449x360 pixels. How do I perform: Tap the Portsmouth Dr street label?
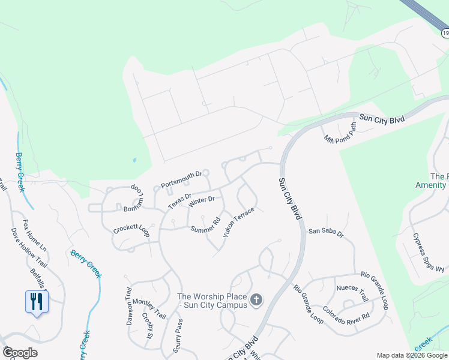point(181,178)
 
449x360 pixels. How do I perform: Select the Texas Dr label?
point(179,201)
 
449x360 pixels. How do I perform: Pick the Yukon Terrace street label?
point(238,222)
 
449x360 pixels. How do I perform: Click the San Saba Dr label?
point(325,232)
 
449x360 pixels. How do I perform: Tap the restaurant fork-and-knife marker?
point(36,301)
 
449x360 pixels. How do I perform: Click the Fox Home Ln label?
point(35,236)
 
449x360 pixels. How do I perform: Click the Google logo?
point(20,353)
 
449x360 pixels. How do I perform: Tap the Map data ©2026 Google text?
point(411,355)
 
